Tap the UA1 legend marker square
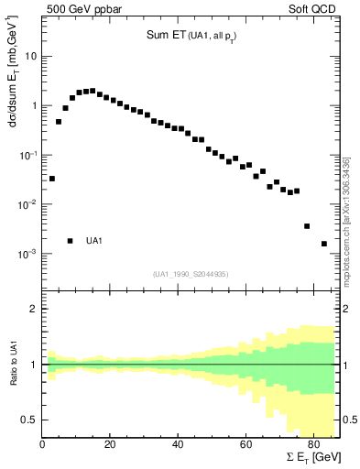(70, 241)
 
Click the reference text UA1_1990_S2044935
(191, 274)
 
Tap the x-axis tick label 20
(110, 445)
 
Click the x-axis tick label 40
(178, 445)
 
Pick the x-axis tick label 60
(245, 445)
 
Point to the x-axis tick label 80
(312, 445)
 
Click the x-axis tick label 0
(43, 445)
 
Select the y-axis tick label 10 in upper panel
(31, 57)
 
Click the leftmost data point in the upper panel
(52, 179)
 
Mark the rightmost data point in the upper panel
(324, 244)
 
